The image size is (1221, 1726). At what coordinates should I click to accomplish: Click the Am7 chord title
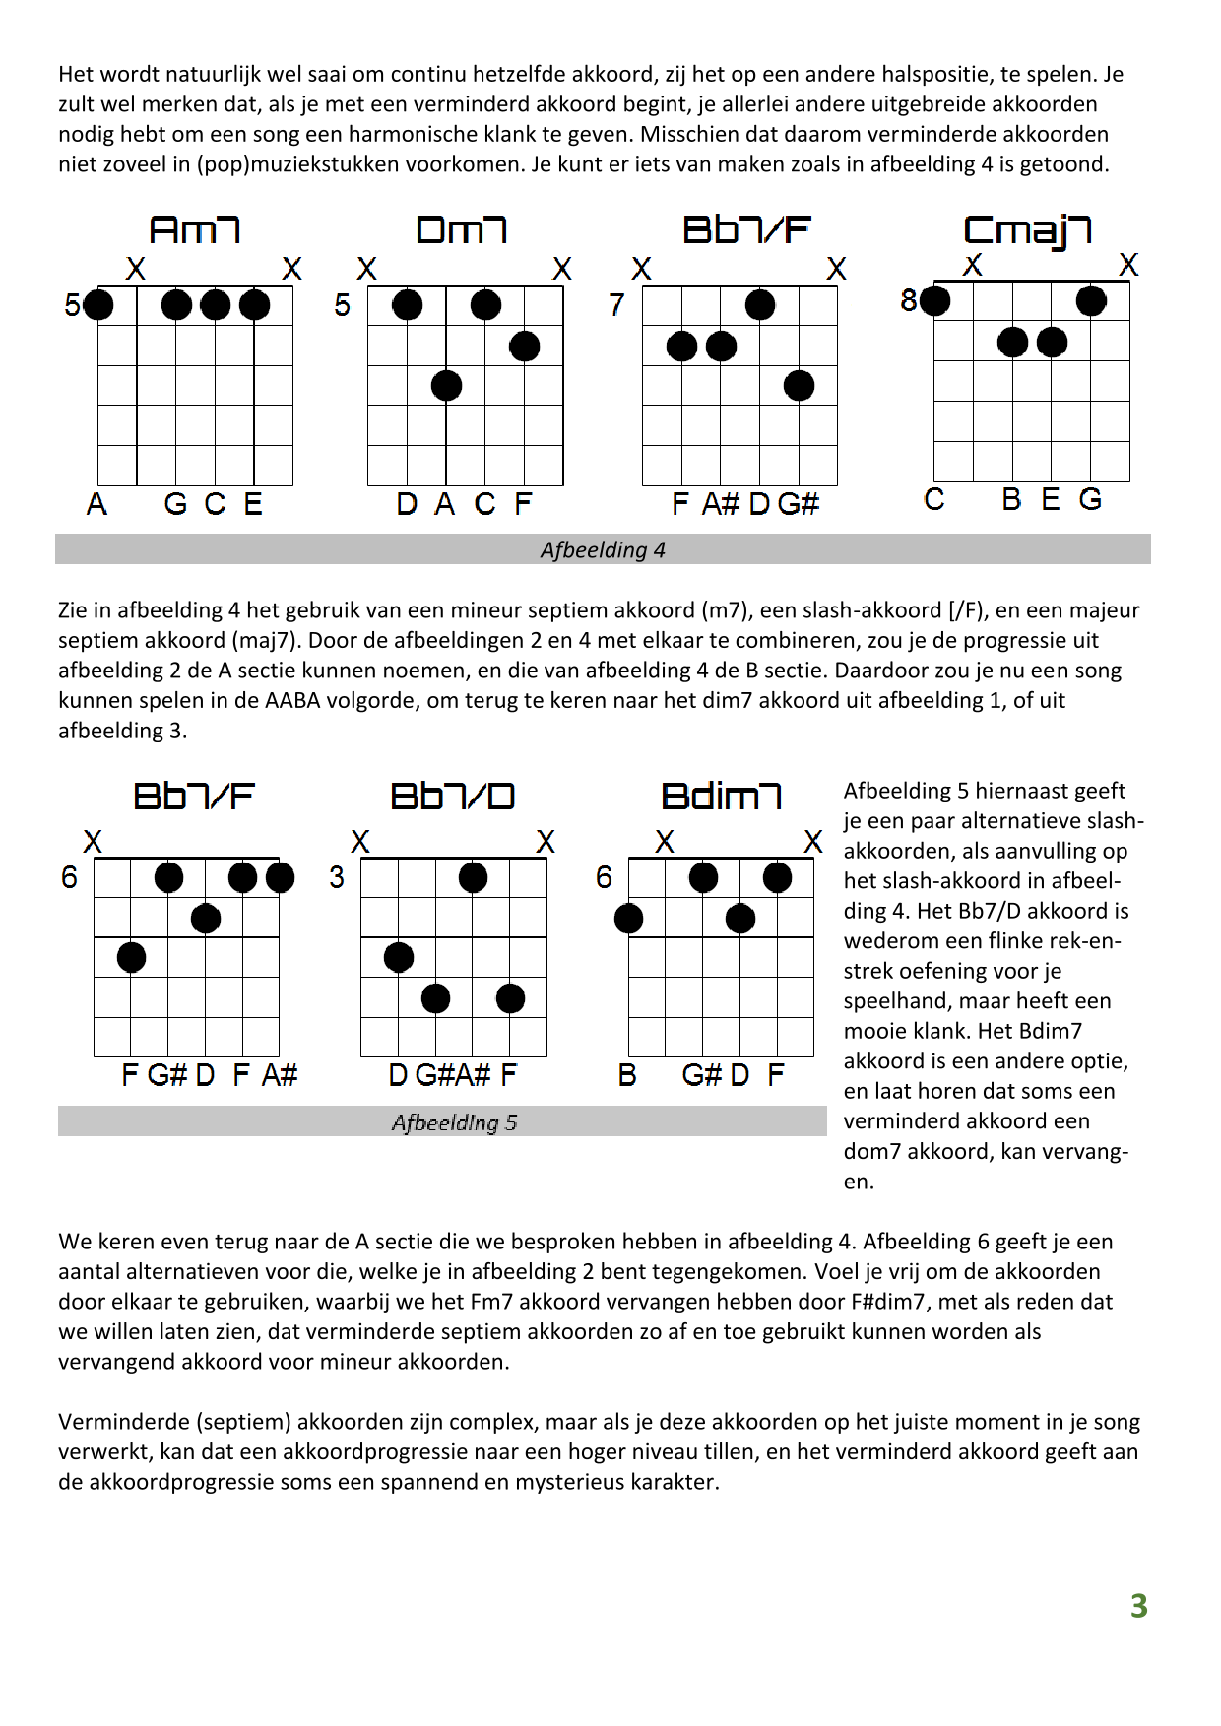pyautogui.click(x=195, y=229)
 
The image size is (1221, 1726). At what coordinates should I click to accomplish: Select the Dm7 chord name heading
pyautogui.click(x=462, y=229)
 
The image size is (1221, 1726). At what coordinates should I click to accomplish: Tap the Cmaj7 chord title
pyautogui.click(x=1027, y=230)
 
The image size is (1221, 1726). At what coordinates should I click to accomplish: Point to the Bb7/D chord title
pyautogui.click(x=452, y=796)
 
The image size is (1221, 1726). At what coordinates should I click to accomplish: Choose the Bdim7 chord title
pyautogui.click(x=721, y=796)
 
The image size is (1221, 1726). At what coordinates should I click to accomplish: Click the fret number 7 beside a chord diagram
pyautogui.click(x=616, y=305)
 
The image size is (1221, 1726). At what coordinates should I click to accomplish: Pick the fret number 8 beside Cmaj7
pyautogui.click(x=908, y=300)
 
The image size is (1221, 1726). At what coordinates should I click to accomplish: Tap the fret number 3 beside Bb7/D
pyautogui.click(x=337, y=877)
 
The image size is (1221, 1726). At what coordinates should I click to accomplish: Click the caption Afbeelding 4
pyautogui.click(x=603, y=550)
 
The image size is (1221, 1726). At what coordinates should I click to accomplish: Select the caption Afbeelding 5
pyautogui.click(x=454, y=1122)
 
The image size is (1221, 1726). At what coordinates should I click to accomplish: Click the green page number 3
pyautogui.click(x=1138, y=1606)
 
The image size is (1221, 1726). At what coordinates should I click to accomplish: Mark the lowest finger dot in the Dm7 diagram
pyautogui.click(x=446, y=385)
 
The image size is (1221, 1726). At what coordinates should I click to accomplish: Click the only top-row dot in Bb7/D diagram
pyautogui.click(x=473, y=877)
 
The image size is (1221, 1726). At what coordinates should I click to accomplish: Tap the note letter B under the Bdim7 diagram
pyautogui.click(x=627, y=1075)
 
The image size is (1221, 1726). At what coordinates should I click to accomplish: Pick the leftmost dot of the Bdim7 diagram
pyautogui.click(x=628, y=919)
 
